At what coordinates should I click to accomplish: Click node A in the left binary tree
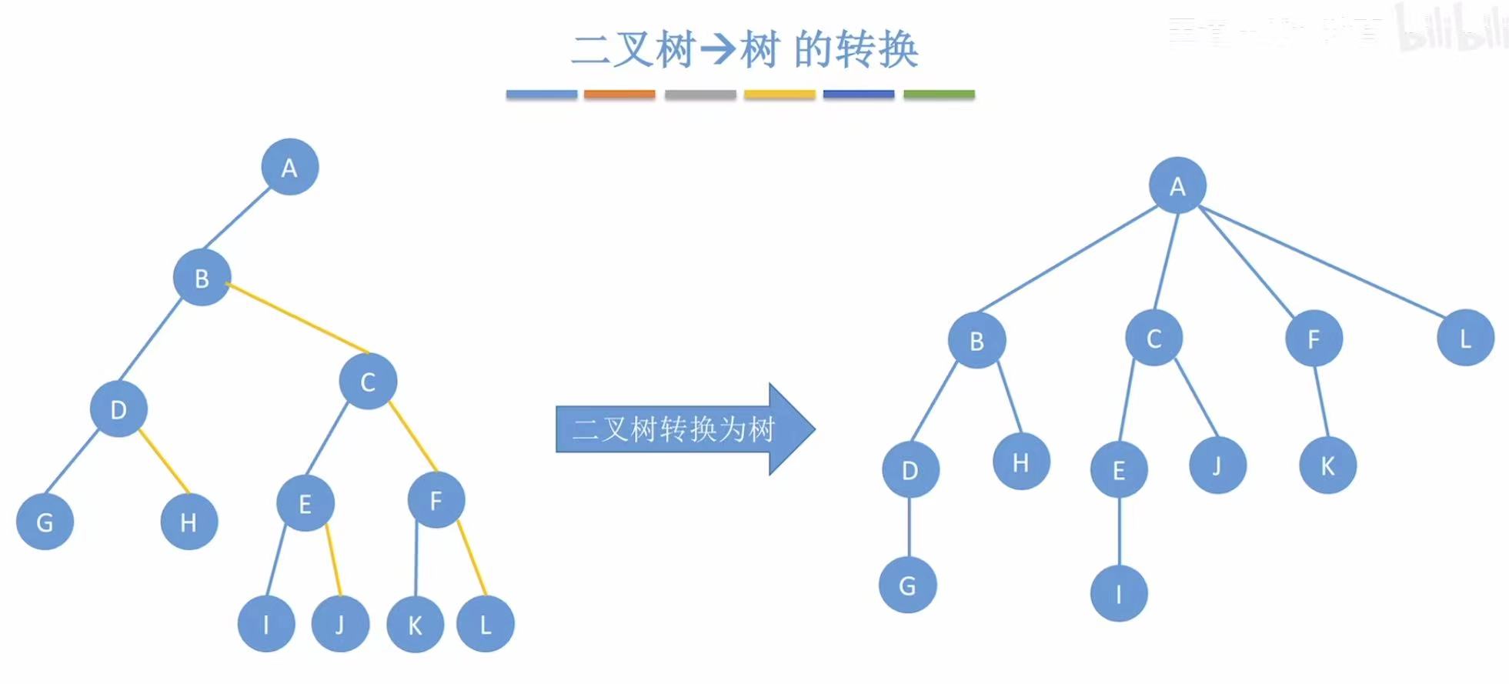(x=289, y=167)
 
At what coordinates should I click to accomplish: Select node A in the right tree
(x=1177, y=185)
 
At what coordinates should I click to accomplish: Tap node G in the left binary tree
(x=45, y=522)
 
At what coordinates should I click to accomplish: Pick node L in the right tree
(x=1465, y=338)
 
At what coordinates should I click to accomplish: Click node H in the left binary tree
(x=189, y=522)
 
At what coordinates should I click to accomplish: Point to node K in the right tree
(x=1327, y=465)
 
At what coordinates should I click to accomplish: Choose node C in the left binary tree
(x=368, y=381)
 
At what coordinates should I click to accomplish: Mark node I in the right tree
(x=1119, y=593)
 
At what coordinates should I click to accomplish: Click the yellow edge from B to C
(x=298, y=319)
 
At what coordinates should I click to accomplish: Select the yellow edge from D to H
(x=164, y=461)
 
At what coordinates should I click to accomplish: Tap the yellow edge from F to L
(x=472, y=558)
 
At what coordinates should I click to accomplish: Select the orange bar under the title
(x=619, y=95)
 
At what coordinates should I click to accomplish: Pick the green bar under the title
(x=939, y=95)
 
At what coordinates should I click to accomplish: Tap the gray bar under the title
(x=700, y=95)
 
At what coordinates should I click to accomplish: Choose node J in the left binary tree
(x=340, y=624)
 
